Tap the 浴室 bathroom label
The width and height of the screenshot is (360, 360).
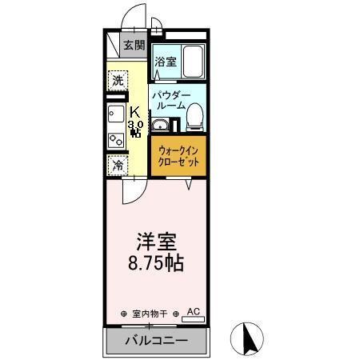point(166,61)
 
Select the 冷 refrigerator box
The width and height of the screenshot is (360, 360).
point(118,166)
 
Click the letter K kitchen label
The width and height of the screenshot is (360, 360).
point(135,111)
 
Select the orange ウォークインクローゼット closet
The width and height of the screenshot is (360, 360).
point(177,155)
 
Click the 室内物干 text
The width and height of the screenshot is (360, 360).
point(150,314)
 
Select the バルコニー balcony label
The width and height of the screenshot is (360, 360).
point(156,342)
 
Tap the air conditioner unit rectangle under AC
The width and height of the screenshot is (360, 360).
point(193,319)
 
